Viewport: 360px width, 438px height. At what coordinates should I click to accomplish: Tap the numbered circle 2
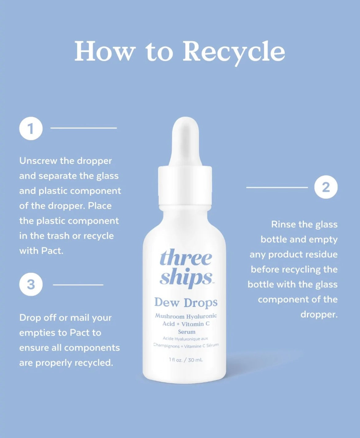click(x=326, y=187)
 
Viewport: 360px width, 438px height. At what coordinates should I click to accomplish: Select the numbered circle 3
click(x=31, y=284)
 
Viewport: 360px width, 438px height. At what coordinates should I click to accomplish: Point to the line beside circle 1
click(x=84, y=128)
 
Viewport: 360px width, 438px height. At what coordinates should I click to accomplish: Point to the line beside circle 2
click(x=277, y=187)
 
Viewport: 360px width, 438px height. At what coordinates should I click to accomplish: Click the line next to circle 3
click(x=78, y=285)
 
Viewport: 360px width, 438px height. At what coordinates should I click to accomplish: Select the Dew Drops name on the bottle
click(x=186, y=303)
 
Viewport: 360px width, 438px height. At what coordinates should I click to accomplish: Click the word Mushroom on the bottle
click(x=170, y=316)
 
